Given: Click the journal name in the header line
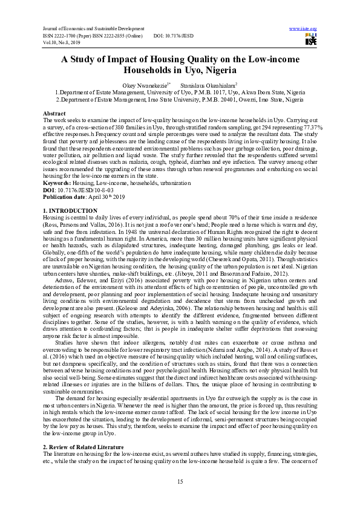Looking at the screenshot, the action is tap(92, 28).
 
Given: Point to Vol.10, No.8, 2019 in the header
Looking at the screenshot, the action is tap(62, 42).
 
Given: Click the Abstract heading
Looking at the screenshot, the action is tap(54, 114).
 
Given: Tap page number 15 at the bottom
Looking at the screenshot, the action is tap(180, 481).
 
